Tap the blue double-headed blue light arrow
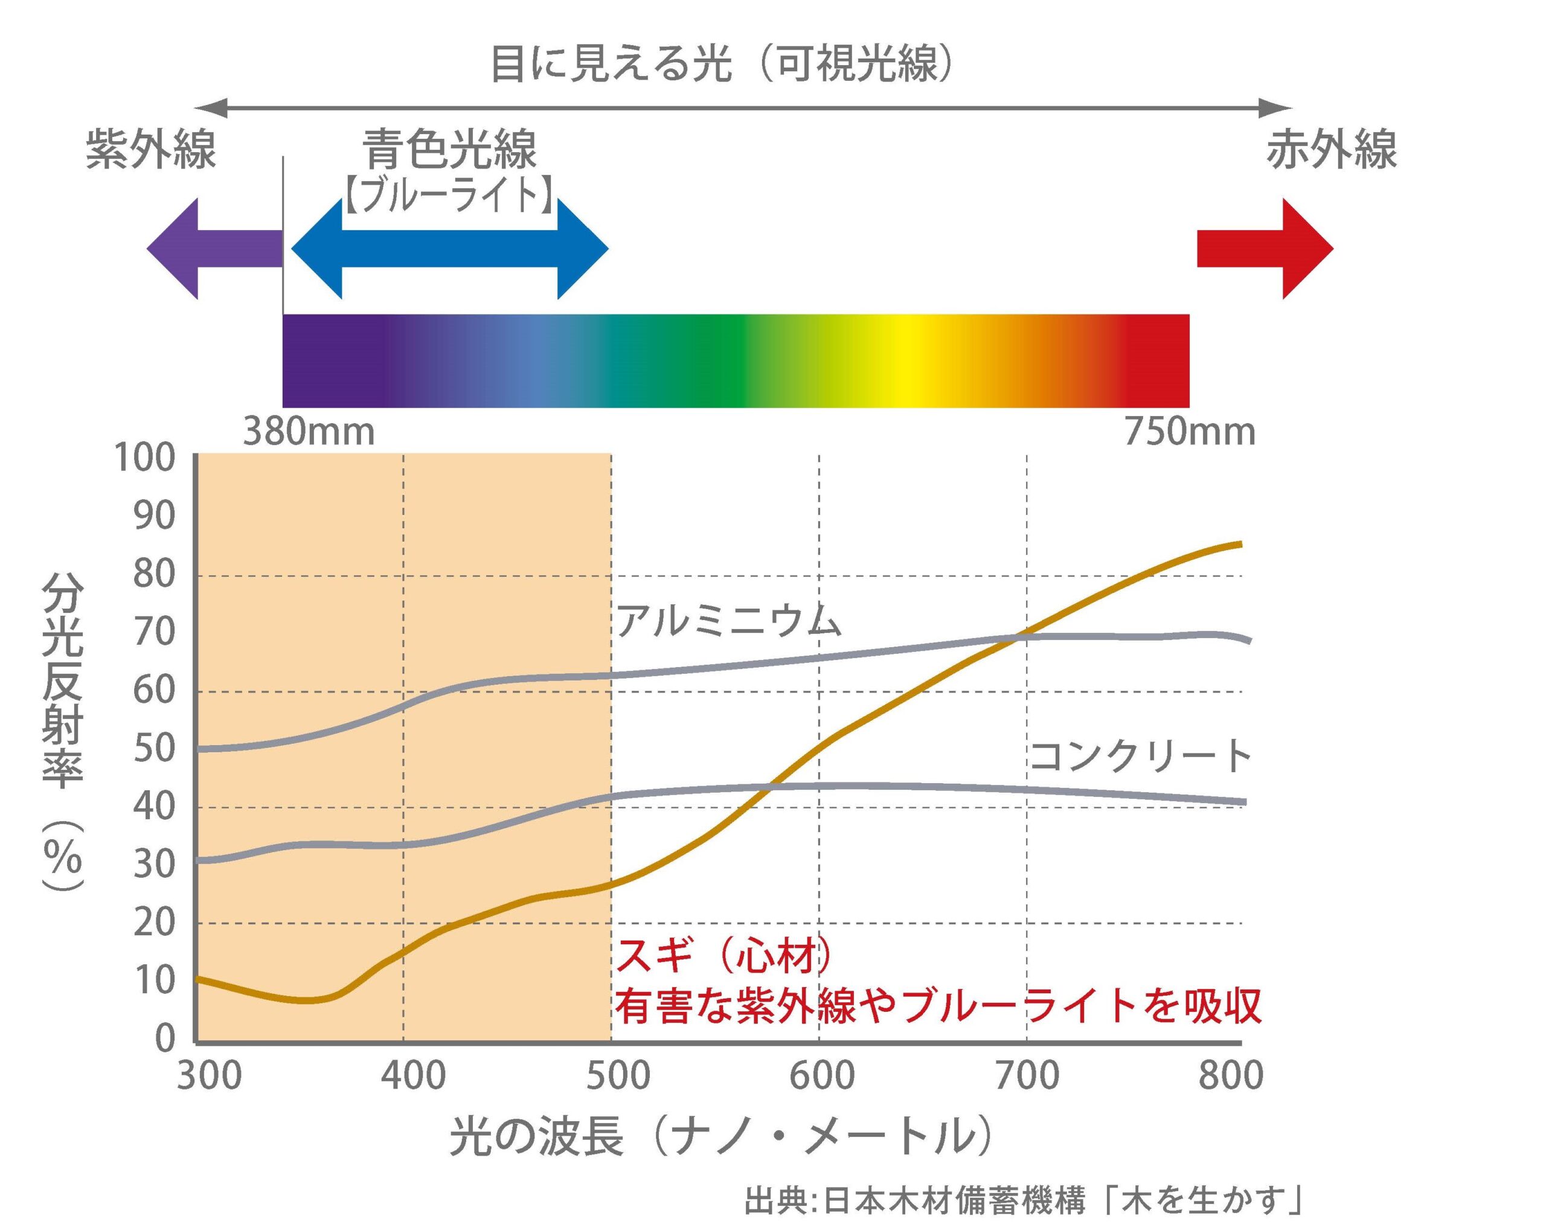click(449, 249)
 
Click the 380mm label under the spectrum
click(309, 432)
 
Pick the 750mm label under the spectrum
click(1190, 432)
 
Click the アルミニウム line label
click(729, 621)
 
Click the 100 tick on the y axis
click(144, 458)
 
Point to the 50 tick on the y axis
click(154, 749)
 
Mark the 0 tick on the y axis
click(165, 1037)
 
